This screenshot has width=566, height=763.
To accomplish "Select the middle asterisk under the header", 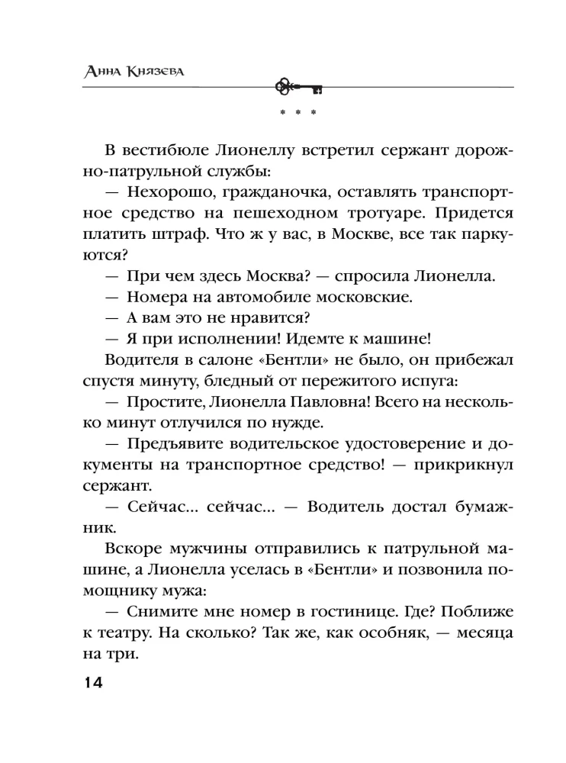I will pyautogui.click(x=297, y=114).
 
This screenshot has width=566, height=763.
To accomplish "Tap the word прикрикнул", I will pyautogui.click(x=461, y=463).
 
